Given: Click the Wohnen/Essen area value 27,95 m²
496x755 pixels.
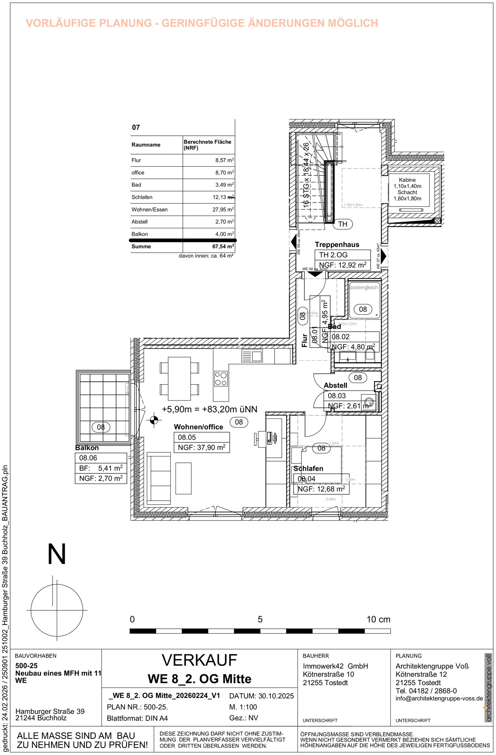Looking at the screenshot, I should point(223,210).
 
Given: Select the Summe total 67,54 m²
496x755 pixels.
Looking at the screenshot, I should point(223,247).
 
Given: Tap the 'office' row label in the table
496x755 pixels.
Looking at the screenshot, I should point(138,173).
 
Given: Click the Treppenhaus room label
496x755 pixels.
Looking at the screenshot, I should point(337,245).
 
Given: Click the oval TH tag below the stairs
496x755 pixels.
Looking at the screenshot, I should point(343,224).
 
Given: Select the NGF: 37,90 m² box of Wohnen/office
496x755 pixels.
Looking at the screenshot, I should point(202,447).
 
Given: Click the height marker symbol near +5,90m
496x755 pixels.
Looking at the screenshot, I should point(154,420).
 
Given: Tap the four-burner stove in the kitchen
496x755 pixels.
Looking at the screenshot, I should point(221,379).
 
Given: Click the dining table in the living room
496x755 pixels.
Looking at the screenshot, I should point(179,378).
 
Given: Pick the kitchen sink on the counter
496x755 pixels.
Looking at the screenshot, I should point(252,356).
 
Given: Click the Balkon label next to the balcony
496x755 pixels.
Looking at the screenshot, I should point(87,448).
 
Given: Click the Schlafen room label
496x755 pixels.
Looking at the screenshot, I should point(308,469).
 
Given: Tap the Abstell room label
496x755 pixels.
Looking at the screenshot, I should point(335,385).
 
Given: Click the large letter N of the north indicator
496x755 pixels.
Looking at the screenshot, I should point(57,554).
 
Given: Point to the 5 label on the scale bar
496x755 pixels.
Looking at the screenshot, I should point(260,620).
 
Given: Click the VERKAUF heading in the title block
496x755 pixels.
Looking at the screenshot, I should point(199,661).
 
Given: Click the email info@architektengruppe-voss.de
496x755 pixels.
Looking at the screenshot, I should point(439,699).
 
